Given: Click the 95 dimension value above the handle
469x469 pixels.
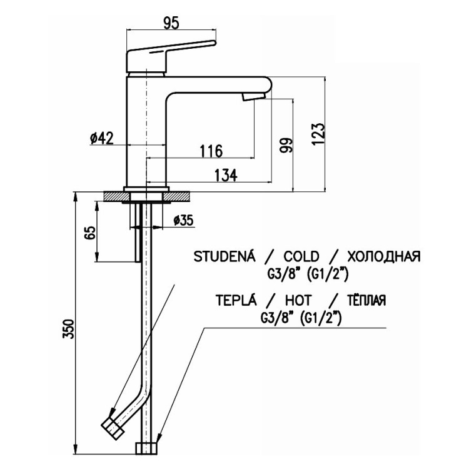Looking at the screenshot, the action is (x=171, y=23).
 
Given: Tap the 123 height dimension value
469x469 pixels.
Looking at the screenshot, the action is (x=318, y=134).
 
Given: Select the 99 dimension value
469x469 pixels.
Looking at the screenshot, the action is (x=285, y=145).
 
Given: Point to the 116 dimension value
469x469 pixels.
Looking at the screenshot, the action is (x=211, y=151).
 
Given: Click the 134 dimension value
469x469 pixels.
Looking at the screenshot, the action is (x=226, y=175).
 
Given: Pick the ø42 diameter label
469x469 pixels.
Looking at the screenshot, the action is (x=102, y=138).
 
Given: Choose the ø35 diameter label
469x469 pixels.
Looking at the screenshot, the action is (x=183, y=221).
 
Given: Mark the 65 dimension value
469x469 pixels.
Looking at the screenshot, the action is (x=90, y=233).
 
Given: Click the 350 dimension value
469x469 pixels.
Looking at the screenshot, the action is (x=68, y=329).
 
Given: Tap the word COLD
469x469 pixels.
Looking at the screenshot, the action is (x=301, y=256).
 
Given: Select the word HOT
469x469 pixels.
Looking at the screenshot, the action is (x=298, y=300).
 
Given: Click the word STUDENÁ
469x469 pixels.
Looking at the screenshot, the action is (x=224, y=256).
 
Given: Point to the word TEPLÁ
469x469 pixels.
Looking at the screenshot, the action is (x=236, y=300).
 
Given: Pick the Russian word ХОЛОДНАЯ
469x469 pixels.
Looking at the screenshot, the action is (x=384, y=256).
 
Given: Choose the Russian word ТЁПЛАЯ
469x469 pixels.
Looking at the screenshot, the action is (x=366, y=300).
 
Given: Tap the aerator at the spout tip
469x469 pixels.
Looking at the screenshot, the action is (x=254, y=96).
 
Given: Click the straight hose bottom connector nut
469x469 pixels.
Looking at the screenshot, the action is (x=146, y=448).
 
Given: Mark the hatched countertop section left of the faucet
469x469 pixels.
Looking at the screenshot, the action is (x=118, y=196).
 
